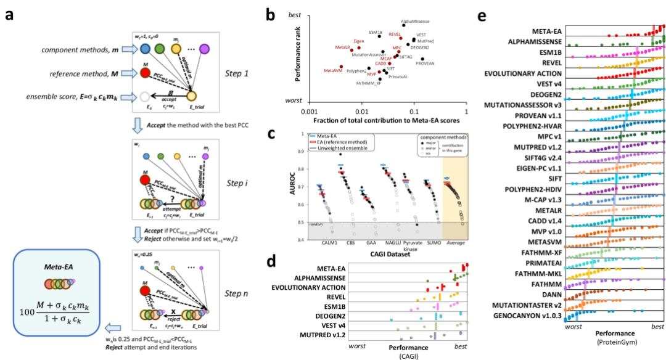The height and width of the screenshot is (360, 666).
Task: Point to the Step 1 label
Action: pos(239,73)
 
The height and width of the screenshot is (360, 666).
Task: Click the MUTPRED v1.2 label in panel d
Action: pos(321,336)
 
